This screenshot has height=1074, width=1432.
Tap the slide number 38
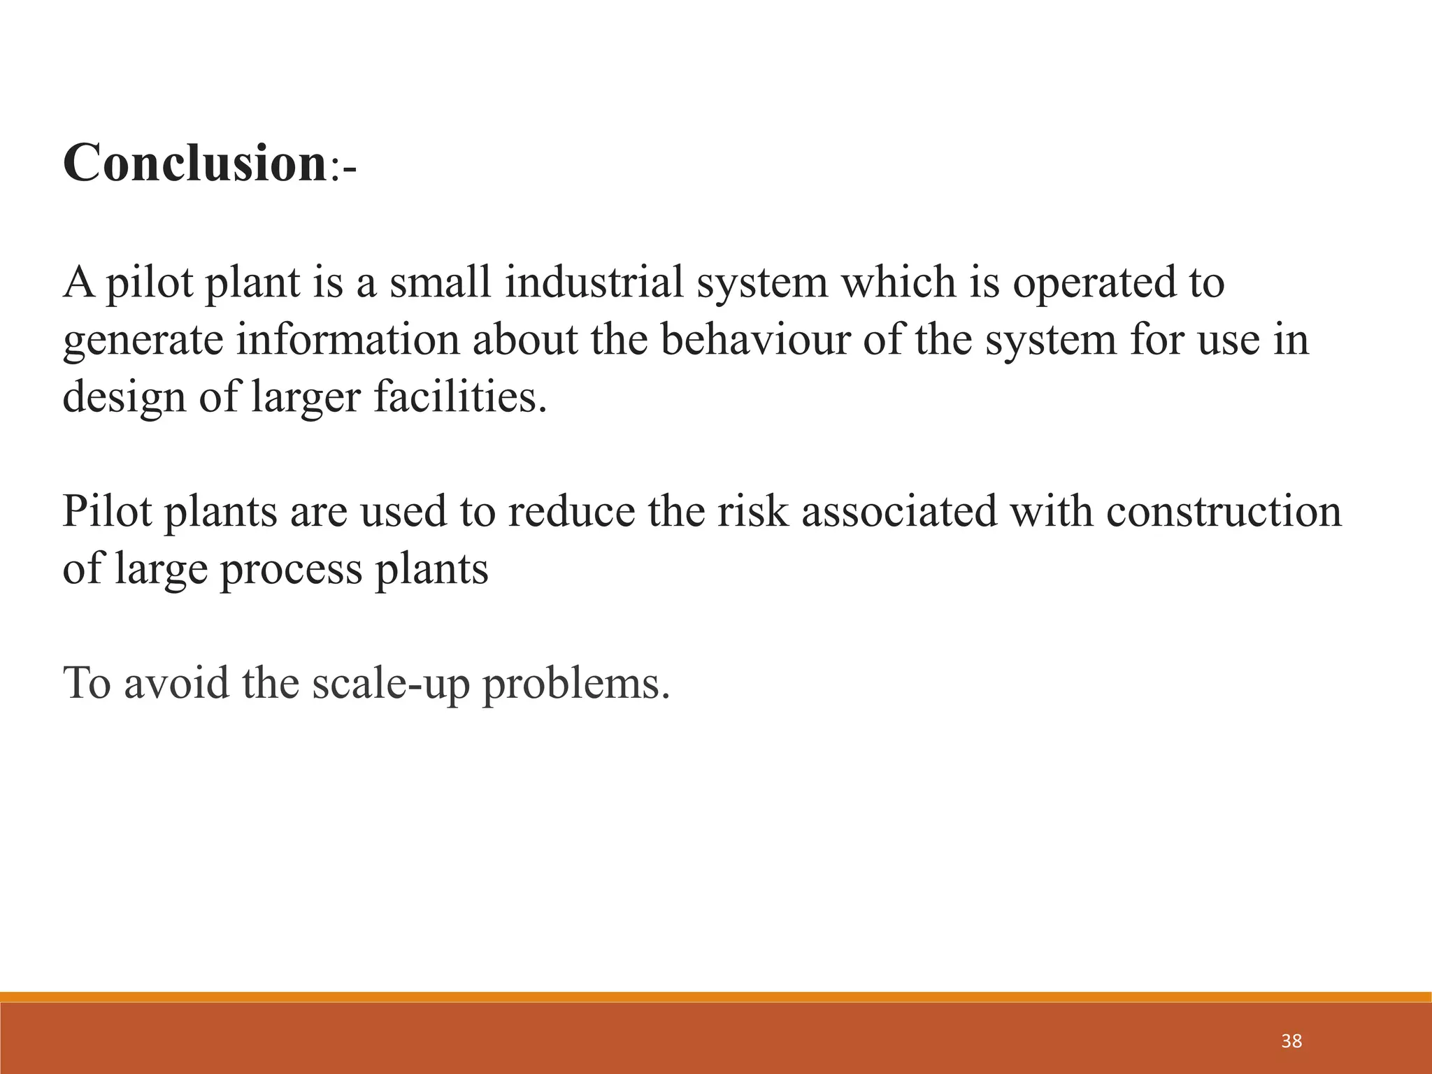1291,1041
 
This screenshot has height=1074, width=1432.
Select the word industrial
594,282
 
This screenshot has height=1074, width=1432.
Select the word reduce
571,511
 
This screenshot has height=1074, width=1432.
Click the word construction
1224,511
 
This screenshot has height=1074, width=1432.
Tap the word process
291,569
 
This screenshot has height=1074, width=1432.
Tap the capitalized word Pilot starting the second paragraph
107,511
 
